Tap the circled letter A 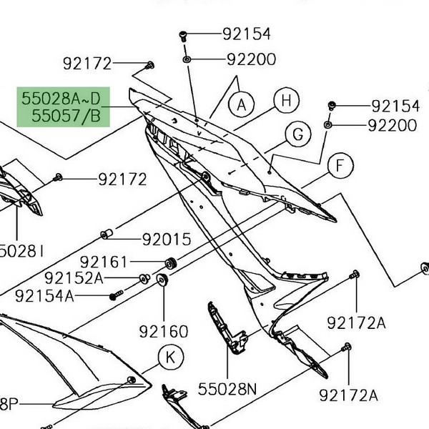[242, 105]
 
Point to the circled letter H [286, 101]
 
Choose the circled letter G [297, 134]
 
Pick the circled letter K [169, 356]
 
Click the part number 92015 [167, 239]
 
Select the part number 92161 [104, 262]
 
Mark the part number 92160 [164, 331]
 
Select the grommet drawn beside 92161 [171, 262]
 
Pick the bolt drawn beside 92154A [116, 295]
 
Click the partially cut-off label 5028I [22, 250]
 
